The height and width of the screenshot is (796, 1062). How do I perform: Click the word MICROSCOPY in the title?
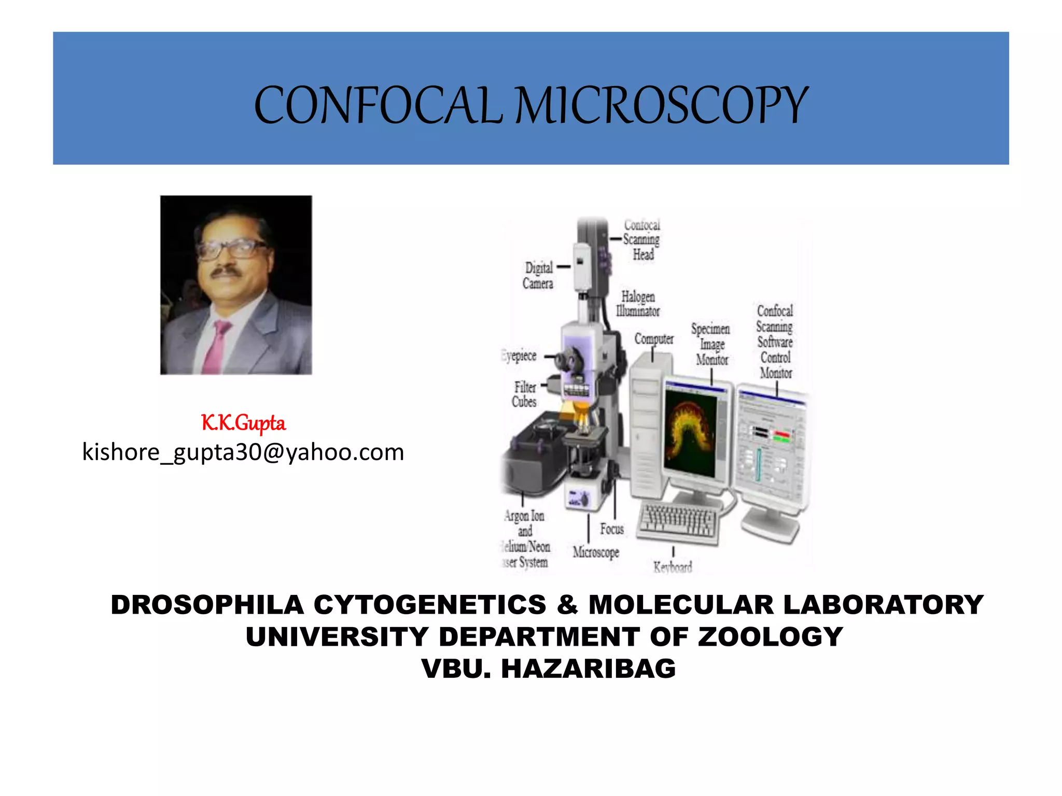click(x=661, y=106)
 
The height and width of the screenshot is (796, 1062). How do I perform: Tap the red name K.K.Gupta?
click(x=243, y=423)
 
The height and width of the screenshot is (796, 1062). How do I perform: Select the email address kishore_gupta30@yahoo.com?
click(x=243, y=452)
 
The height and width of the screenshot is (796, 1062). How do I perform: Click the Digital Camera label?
click(x=538, y=275)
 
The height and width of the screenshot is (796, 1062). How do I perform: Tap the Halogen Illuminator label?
click(x=638, y=304)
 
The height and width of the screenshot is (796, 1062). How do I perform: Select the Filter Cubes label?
click(x=524, y=394)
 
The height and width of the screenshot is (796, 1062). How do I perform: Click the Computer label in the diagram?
click(x=654, y=339)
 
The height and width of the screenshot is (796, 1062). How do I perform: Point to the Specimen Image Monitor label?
click(x=711, y=344)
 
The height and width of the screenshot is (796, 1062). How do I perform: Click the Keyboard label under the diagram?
click(x=673, y=567)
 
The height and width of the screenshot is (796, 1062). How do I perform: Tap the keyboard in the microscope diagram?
click(x=678, y=521)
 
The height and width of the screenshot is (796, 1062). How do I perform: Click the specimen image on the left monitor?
click(x=690, y=433)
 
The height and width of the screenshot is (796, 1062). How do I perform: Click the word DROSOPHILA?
click(x=207, y=605)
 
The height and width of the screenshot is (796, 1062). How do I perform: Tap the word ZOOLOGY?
click(x=771, y=637)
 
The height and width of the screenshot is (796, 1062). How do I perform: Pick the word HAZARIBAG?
click(x=589, y=669)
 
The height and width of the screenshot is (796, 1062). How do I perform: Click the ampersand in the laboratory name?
click(x=567, y=605)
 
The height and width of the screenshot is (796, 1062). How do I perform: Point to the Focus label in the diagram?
click(x=612, y=529)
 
